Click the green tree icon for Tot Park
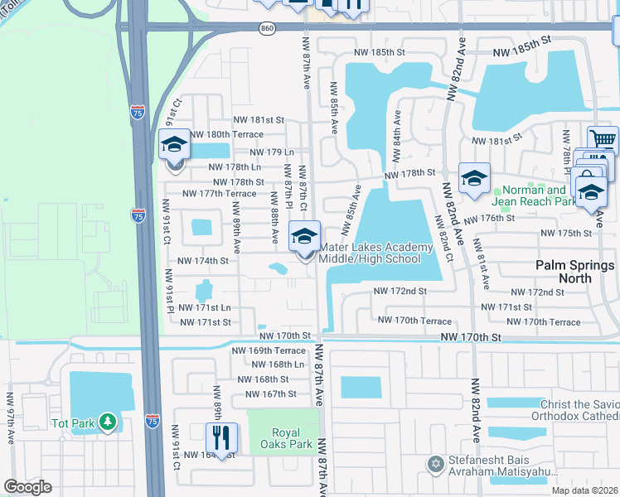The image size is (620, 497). click(107, 423)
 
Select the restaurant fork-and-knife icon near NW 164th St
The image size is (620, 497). click(221, 437)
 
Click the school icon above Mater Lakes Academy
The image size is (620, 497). click(304, 235)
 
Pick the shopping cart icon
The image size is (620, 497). click(603, 140)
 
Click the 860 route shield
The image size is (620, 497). click(265, 27)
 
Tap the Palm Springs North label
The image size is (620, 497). click(574, 272)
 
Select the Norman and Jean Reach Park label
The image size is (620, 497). click(533, 195)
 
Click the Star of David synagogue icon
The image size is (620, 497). click(434, 464)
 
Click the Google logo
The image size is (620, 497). click(27, 486)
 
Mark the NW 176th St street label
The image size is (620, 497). click(489, 219)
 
